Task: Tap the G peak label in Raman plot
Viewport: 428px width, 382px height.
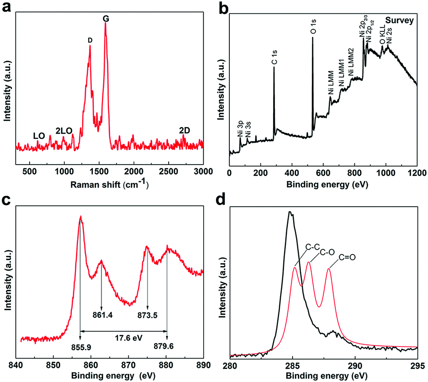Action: (x=105, y=18)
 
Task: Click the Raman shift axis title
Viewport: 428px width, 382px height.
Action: (x=109, y=183)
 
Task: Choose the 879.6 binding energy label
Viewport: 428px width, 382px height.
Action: (x=167, y=347)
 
